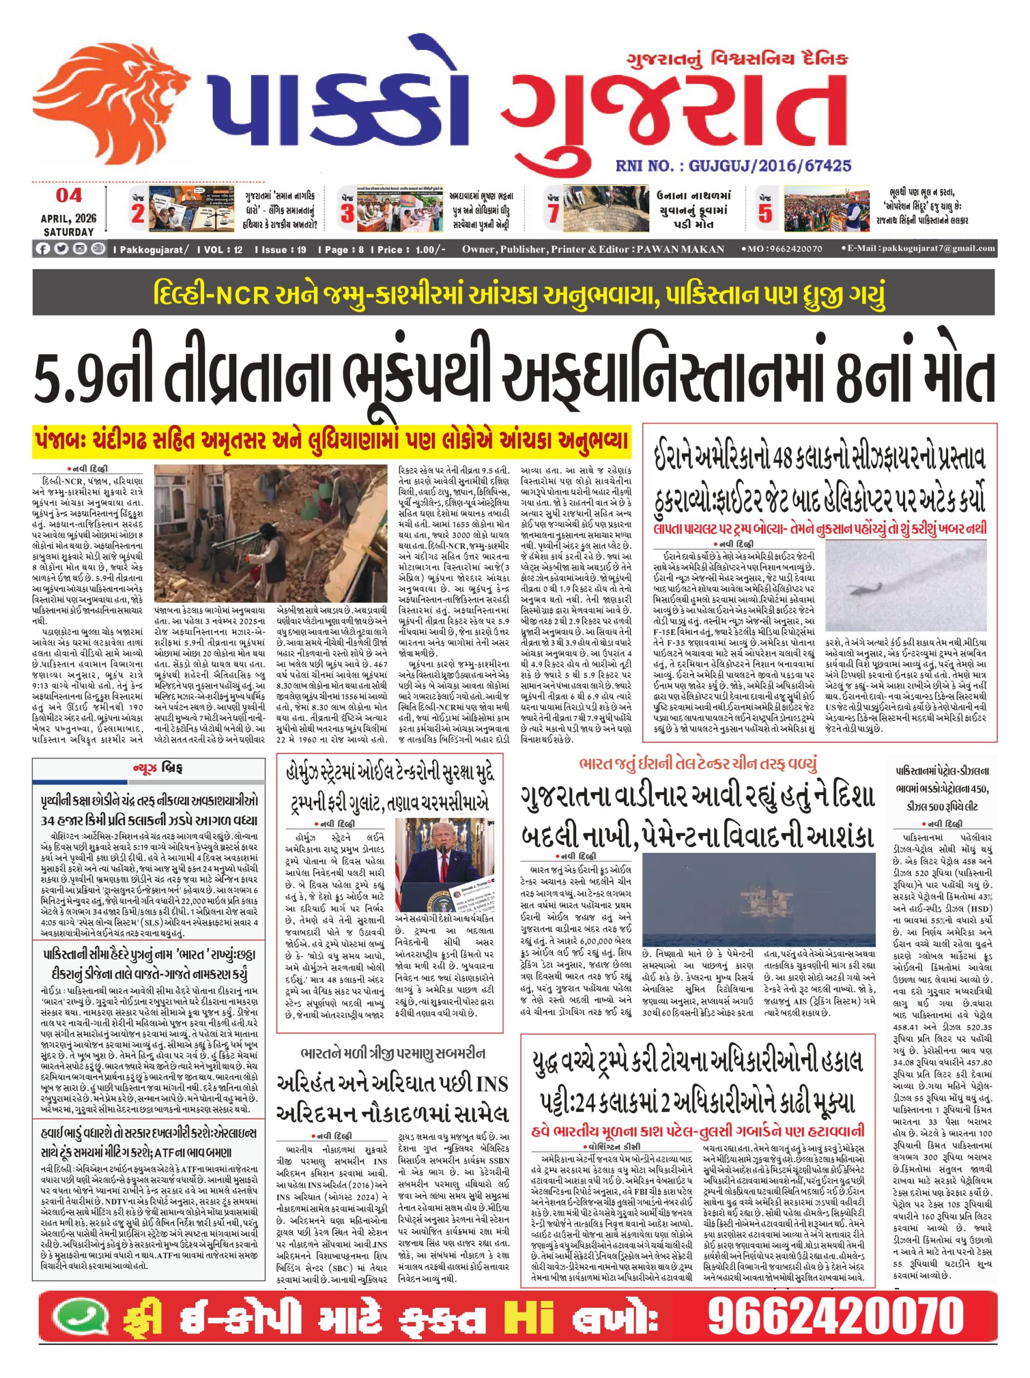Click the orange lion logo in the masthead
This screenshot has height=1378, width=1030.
103,103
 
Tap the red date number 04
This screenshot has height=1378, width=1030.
69,195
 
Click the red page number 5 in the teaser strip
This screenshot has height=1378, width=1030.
765,213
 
